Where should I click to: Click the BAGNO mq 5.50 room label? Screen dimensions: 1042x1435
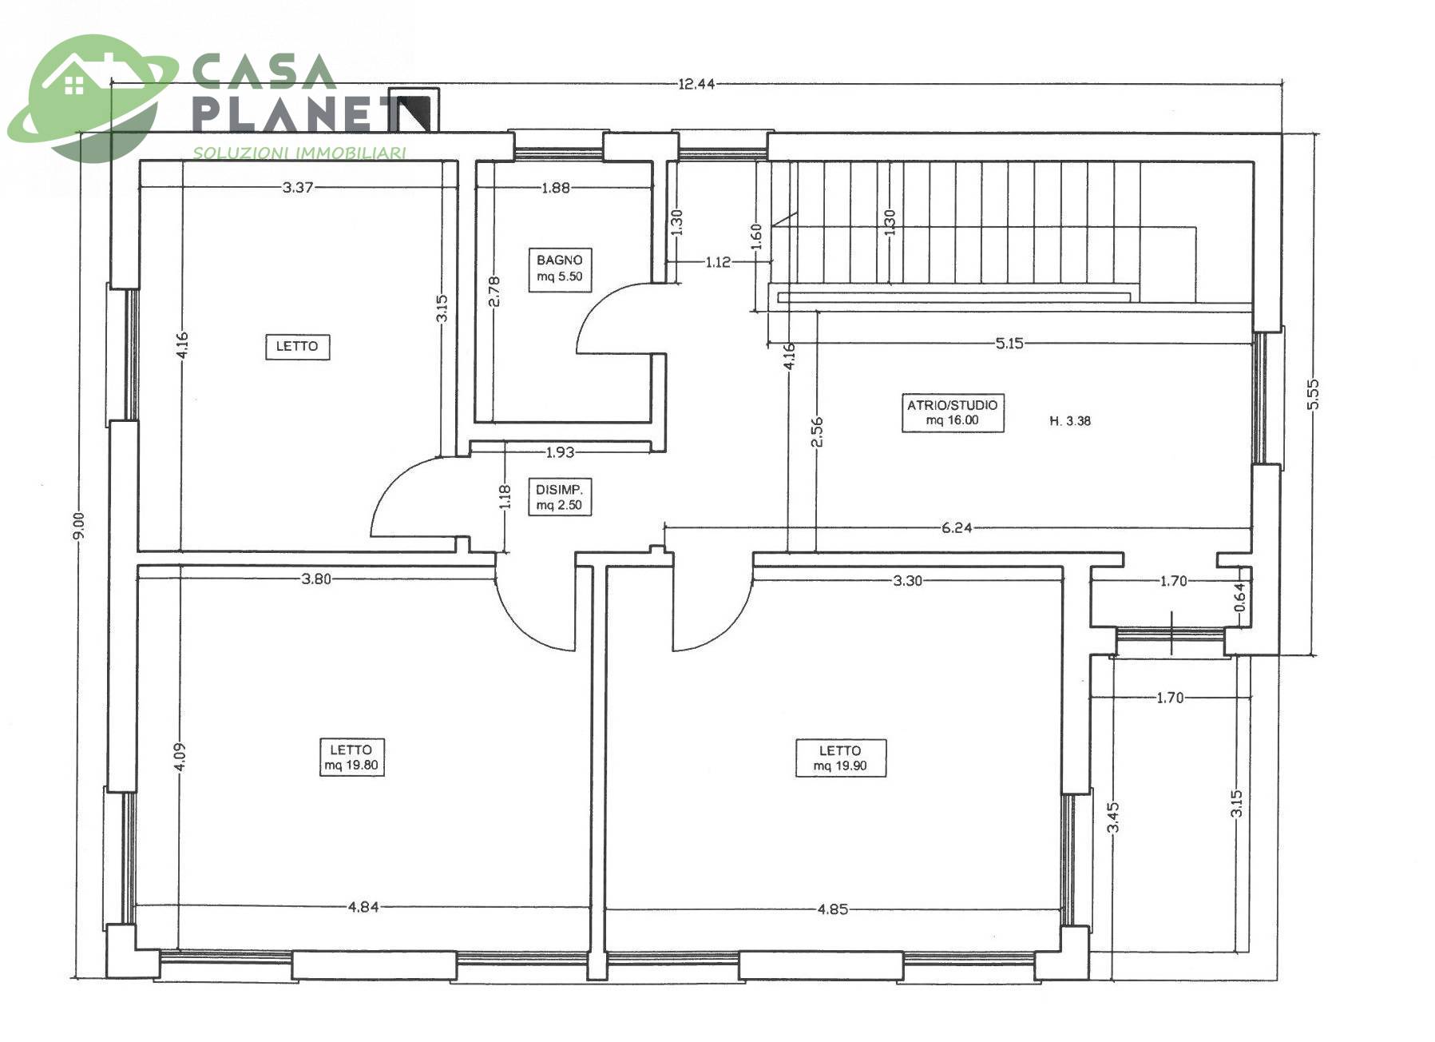[x=559, y=268]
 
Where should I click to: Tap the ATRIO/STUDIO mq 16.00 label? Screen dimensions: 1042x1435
[x=952, y=412]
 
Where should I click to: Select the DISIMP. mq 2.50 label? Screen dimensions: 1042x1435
[x=559, y=497]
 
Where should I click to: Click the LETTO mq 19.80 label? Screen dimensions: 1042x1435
[x=351, y=757]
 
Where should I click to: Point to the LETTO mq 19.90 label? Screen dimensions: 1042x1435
[x=840, y=758]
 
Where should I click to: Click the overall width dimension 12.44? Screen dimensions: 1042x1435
[x=696, y=84]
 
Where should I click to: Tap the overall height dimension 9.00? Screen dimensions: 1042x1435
[x=77, y=526]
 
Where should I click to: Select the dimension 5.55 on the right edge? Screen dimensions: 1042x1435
[x=1314, y=394]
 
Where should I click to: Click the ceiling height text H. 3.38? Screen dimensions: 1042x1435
[x=1070, y=421]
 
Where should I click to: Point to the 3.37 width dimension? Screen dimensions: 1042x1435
[x=298, y=188]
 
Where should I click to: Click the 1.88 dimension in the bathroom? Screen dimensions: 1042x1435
[x=556, y=188]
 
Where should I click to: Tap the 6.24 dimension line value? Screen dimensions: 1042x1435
[x=956, y=527]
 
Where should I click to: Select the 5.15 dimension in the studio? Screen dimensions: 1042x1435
[x=1009, y=344]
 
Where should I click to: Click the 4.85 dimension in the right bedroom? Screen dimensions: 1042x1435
[x=833, y=909]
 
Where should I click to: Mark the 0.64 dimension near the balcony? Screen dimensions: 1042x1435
[x=1239, y=598]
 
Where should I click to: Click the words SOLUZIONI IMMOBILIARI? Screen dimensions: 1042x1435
[x=299, y=153]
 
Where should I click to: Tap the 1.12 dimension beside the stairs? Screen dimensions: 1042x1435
[x=718, y=262]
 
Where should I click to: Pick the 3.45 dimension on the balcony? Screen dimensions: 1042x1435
[x=1114, y=817]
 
